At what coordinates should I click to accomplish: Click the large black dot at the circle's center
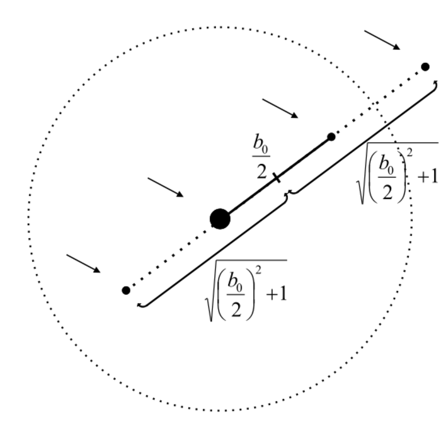(220, 219)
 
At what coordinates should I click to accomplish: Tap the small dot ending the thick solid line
(331, 137)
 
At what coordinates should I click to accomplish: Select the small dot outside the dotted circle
(425, 67)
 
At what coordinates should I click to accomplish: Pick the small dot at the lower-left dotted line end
(126, 290)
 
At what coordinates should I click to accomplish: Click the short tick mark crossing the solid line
(277, 178)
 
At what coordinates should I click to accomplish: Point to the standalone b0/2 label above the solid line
(261, 156)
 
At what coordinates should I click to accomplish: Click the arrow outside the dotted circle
(382, 40)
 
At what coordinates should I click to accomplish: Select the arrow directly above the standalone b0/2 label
(280, 108)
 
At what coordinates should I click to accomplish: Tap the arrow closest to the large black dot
(166, 187)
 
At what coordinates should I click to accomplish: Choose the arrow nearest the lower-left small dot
(84, 263)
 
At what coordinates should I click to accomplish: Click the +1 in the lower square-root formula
(277, 294)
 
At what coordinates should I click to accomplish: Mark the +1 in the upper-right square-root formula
(428, 177)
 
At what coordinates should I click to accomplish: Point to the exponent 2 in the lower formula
(259, 270)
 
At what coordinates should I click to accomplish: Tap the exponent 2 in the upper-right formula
(409, 152)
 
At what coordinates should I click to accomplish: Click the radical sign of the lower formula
(212, 290)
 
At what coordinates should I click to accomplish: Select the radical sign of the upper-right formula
(363, 173)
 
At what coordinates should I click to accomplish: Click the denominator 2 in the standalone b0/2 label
(261, 171)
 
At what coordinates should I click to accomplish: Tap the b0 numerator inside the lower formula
(236, 281)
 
